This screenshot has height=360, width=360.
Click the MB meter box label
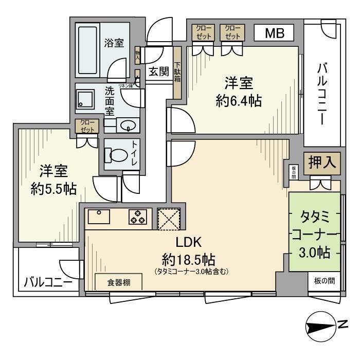click(274, 34)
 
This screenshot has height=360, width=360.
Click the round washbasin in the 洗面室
click(125, 124)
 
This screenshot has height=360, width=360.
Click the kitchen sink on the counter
click(99, 217)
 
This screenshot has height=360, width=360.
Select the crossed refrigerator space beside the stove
click(167, 218)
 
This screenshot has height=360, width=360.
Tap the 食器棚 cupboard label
click(118, 282)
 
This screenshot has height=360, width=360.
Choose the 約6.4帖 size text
click(239, 101)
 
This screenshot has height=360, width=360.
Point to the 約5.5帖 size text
click(53, 189)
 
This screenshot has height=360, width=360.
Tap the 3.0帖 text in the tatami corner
click(315, 253)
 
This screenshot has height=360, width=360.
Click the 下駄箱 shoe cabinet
click(177, 72)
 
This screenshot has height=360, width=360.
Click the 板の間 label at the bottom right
click(325, 281)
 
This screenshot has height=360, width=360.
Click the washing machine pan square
click(85, 100)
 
